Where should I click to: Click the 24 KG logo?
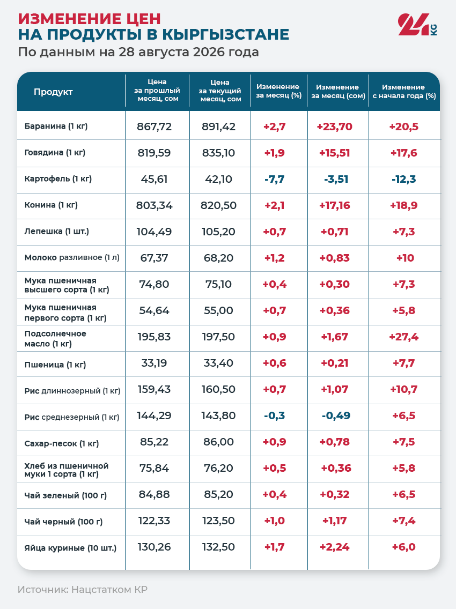(x=417, y=25)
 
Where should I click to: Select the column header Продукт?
(x=53, y=92)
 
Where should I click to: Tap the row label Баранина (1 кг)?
(x=56, y=126)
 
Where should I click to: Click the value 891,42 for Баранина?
(x=218, y=127)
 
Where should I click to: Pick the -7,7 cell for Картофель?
(x=275, y=179)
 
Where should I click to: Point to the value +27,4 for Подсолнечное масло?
(x=404, y=337)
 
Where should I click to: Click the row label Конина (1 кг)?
(x=51, y=205)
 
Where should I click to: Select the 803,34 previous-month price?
(x=155, y=205)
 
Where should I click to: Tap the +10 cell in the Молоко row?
(x=405, y=258)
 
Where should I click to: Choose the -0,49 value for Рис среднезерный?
(x=336, y=415)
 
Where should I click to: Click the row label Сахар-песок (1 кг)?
(x=61, y=443)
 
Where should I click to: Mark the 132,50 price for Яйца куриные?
(x=218, y=547)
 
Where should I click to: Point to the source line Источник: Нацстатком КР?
(x=83, y=590)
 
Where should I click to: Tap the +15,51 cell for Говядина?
(x=335, y=153)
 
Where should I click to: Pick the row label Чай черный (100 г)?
(x=63, y=522)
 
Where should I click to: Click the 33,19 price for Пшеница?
(x=155, y=363)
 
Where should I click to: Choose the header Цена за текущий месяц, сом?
(x=220, y=91)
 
